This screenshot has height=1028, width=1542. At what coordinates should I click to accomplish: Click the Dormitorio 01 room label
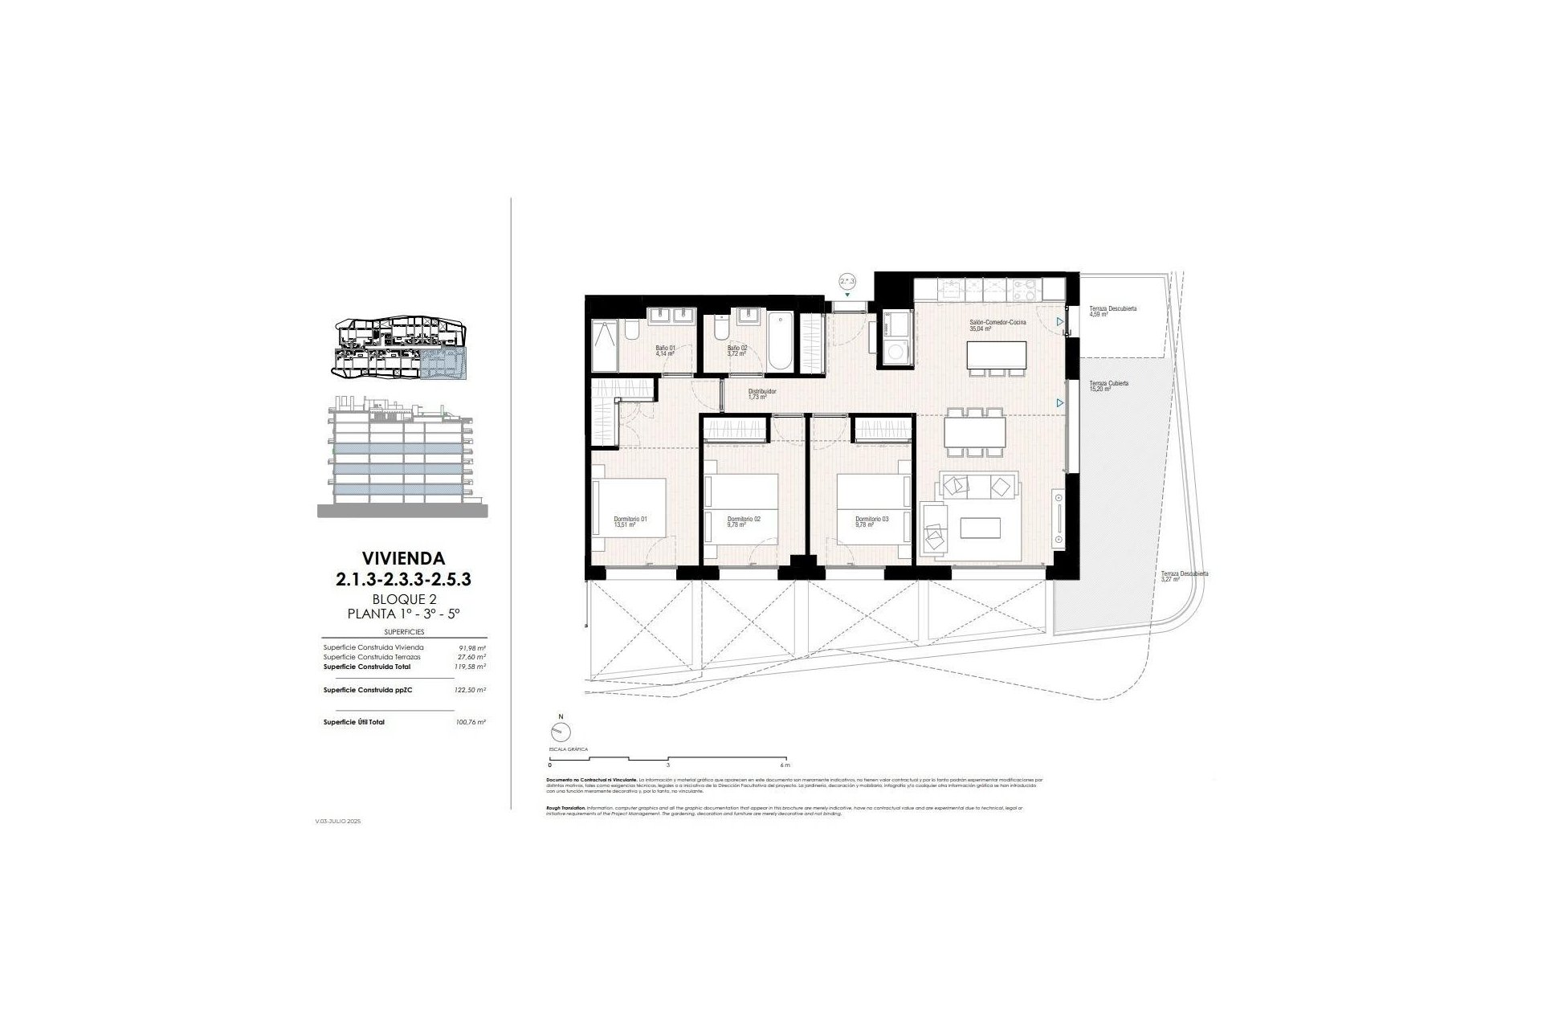coord(630,522)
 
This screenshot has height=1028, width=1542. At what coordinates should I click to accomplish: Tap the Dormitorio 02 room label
coord(743,522)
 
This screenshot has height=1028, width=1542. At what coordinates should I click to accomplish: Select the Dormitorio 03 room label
coord(871,522)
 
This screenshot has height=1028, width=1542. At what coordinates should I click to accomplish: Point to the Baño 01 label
coord(666,350)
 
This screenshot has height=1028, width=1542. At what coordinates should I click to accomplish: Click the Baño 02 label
coord(737,350)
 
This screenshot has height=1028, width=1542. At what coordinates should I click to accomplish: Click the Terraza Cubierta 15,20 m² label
coord(1108,386)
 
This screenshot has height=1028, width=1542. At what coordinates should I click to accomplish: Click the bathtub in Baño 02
coord(781,342)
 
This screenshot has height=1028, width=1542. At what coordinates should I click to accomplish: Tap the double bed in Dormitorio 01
coord(630,512)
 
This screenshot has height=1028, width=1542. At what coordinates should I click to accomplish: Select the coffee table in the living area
coord(981,527)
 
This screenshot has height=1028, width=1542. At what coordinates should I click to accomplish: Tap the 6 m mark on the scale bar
coord(785,765)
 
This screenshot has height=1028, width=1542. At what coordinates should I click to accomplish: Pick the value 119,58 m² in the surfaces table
coord(472,667)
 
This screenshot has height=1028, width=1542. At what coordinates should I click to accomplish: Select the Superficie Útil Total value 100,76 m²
coord(471,722)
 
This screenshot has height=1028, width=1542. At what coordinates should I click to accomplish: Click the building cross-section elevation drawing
coord(402,456)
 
